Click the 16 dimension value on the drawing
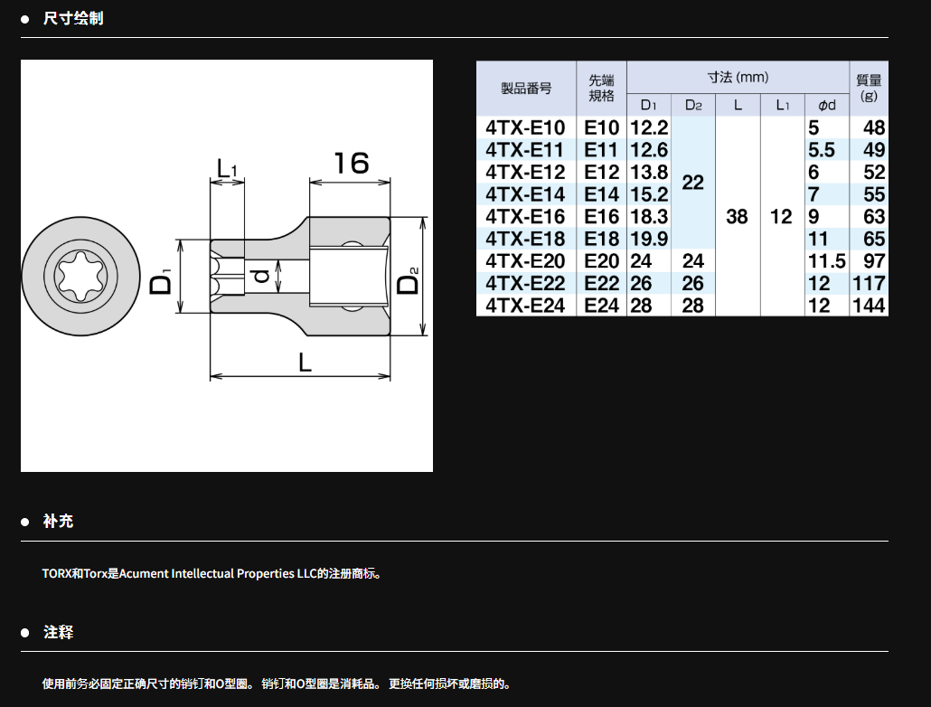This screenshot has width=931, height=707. tap(351, 163)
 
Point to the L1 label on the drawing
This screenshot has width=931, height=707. tap(227, 168)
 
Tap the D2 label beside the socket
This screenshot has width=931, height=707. tap(409, 280)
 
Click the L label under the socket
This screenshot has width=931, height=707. tap(305, 362)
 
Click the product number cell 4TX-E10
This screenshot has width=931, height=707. tap(525, 127)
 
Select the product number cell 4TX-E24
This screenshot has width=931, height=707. tap(525, 306)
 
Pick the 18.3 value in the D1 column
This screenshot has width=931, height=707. tap(649, 217)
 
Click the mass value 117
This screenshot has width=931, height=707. tap(869, 283)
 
